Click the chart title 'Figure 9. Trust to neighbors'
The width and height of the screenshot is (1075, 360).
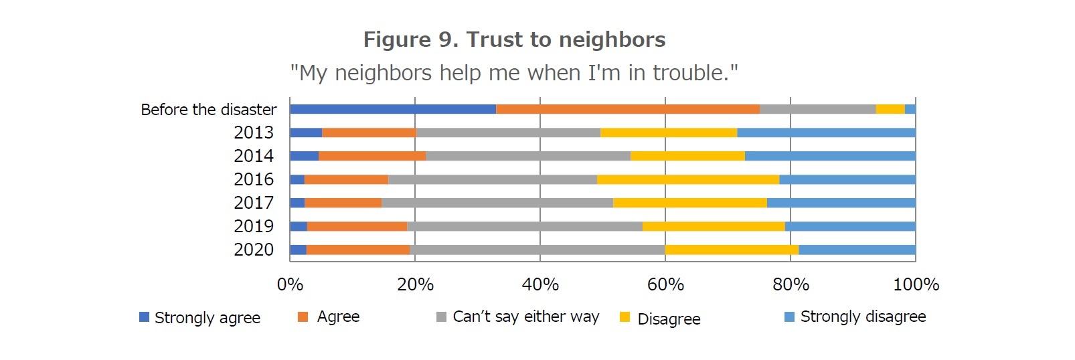click(514, 39)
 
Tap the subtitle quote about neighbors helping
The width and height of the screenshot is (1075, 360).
click(514, 72)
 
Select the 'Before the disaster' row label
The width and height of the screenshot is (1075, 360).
click(208, 110)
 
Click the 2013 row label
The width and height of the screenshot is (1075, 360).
click(254, 132)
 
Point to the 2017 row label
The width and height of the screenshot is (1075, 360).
click(254, 203)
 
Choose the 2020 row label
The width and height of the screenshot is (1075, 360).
click(254, 250)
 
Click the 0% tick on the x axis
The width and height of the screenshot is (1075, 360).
click(290, 284)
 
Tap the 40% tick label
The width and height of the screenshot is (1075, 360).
click(540, 284)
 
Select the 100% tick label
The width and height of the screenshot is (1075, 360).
click(916, 284)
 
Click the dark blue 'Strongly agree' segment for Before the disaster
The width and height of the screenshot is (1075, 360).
click(393, 109)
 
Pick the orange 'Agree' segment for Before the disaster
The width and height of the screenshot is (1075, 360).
click(628, 109)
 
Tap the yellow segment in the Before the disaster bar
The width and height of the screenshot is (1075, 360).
click(890, 109)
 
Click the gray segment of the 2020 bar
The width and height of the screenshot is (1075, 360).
click(537, 250)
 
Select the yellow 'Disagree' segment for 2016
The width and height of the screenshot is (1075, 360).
click(688, 179)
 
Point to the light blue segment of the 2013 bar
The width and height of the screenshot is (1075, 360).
click(826, 132)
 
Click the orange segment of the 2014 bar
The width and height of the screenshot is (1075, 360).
click(372, 156)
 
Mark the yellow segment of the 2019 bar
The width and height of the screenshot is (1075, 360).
click(714, 226)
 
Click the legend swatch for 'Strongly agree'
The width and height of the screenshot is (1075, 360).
click(144, 317)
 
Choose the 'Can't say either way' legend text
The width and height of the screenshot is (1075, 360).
click(525, 317)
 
